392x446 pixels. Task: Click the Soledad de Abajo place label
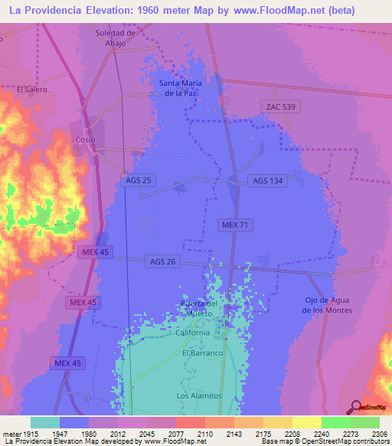115,38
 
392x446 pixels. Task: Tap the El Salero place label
32,89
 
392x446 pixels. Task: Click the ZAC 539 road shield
280,107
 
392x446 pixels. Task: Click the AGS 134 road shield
267,181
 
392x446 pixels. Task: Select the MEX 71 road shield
235,225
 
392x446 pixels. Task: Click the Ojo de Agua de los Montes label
327,304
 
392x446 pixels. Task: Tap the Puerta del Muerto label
199,309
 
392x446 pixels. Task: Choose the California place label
191,333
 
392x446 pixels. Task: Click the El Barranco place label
201,353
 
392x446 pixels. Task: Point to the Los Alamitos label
199,395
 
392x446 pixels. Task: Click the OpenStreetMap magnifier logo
356,407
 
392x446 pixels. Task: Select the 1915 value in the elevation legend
27,433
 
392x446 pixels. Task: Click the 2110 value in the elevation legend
204,433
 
